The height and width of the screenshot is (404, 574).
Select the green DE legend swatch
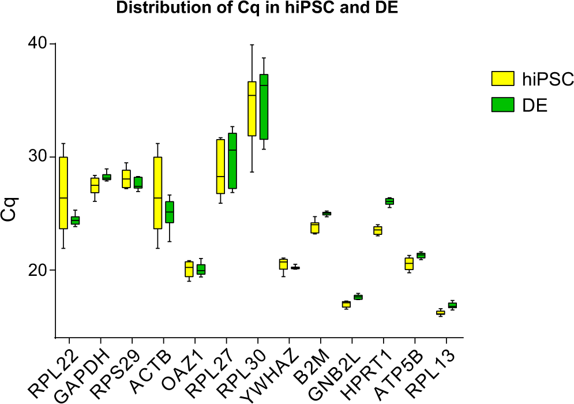point(502,104)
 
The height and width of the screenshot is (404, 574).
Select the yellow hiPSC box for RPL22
point(63,193)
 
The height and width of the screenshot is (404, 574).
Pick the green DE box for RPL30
point(264,107)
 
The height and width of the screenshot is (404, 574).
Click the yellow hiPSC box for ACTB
point(157,193)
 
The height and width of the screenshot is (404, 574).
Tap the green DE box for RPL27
point(232,161)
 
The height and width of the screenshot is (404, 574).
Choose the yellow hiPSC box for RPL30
point(252,109)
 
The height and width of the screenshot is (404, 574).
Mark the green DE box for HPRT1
point(389,201)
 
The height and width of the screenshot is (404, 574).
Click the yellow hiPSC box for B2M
point(314,228)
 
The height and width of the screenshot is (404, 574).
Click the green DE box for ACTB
point(170,212)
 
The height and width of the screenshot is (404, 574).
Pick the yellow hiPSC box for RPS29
point(126,179)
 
